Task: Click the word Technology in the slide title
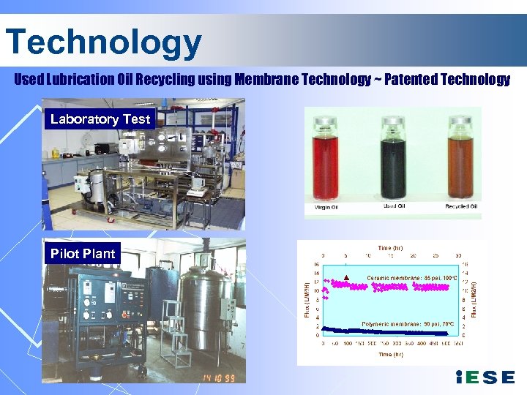tap(103, 42)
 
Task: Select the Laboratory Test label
tap(100, 119)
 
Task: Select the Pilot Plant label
tap(83, 254)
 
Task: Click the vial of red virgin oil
tap(332, 157)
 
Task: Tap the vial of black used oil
tap(392, 157)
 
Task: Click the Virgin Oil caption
tap(326, 207)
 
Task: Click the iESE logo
tap(485, 377)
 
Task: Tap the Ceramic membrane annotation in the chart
tap(412, 278)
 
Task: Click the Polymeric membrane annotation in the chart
tap(408, 323)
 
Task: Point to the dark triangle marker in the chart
tap(346, 277)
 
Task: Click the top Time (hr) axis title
tap(389, 248)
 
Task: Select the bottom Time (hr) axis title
tap(389, 354)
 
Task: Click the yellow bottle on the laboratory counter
tap(55, 153)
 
